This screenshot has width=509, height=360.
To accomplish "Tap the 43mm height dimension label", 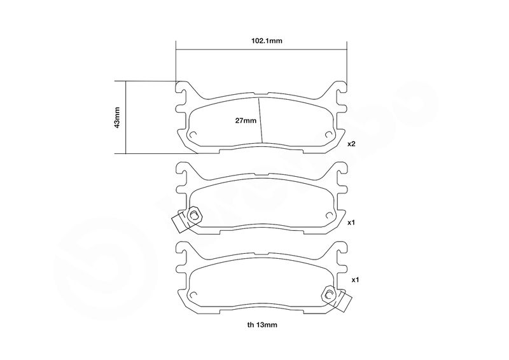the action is tap(117, 117).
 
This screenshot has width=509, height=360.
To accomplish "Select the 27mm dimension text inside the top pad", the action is tap(246, 121).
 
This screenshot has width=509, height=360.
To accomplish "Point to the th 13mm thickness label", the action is tap(262, 324).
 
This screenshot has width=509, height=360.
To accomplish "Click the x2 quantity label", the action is tap(351, 144).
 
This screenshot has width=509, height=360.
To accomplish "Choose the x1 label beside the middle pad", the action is tap(351, 223).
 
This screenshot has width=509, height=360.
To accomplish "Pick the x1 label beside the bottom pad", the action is tap(356, 279).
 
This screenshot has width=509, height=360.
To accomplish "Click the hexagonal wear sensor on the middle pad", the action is tap(194, 214).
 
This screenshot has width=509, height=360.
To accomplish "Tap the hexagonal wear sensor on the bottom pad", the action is tap(329, 294).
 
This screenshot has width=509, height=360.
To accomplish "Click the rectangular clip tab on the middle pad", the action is tap(179, 223).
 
